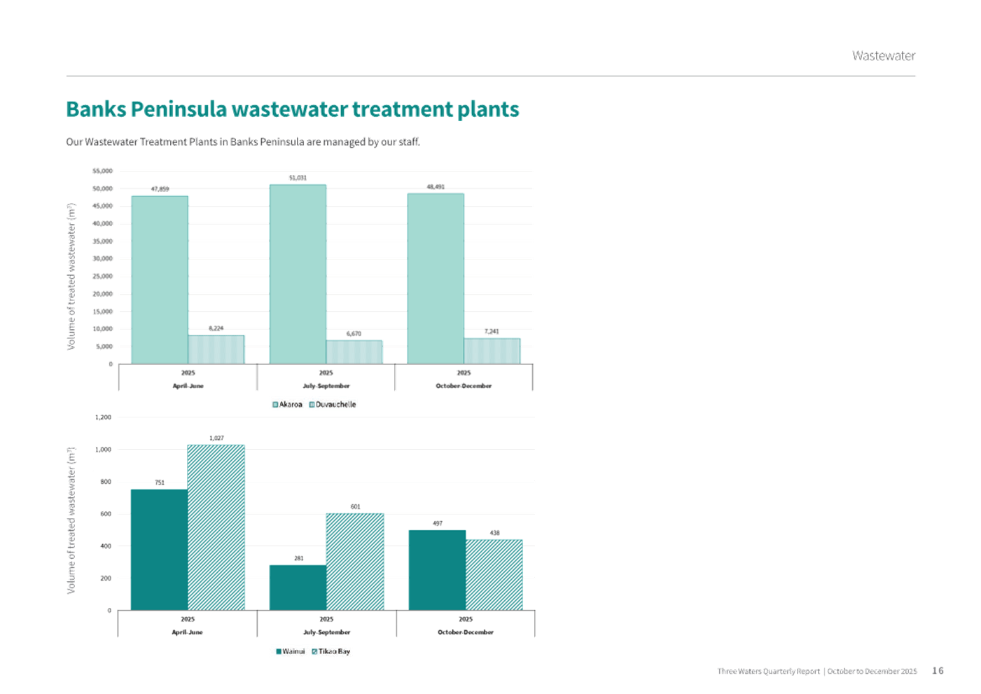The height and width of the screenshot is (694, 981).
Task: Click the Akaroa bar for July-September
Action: pyautogui.click(x=298, y=273)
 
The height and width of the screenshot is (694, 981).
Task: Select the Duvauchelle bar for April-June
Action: pyautogui.click(x=216, y=349)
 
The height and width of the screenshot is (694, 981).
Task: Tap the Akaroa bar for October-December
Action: pyautogui.click(x=436, y=277)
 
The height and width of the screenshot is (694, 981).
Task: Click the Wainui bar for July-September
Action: pyautogui.click(x=298, y=587)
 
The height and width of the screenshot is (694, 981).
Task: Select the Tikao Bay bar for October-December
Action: pyautogui.click(x=494, y=574)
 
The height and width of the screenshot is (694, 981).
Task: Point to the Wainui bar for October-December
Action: pyautogui.click(x=438, y=569)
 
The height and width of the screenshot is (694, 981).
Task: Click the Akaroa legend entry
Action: pyautogui.click(x=288, y=404)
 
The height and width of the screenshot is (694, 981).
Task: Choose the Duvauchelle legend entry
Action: pyautogui.click(x=333, y=404)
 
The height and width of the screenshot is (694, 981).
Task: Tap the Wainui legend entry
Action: pyautogui.click(x=291, y=651)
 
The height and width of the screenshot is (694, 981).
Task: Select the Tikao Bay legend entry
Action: pyautogui.click(x=331, y=651)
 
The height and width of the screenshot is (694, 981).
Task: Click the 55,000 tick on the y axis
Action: pyautogui.click(x=102, y=170)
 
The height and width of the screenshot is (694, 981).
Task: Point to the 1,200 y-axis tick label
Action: pyautogui.click(x=103, y=417)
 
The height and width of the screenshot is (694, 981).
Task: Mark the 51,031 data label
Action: pyautogui.click(x=298, y=178)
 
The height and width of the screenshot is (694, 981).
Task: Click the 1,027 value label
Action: pyautogui.click(x=216, y=438)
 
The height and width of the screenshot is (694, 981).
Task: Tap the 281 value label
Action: pyautogui.click(x=298, y=558)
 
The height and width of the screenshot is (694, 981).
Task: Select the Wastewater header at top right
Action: pyautogui.click(x=884, y=55)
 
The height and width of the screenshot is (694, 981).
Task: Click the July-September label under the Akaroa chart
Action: pyautogui.click(x=326, y=386)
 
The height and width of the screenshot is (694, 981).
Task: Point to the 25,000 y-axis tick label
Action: pyautogui.click(x=102, y=276)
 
